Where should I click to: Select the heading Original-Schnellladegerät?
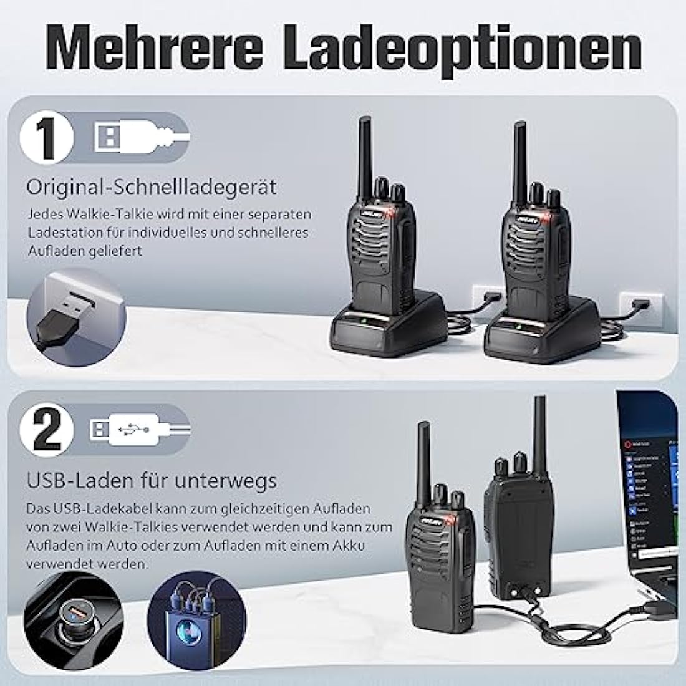tap(152, 186)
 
